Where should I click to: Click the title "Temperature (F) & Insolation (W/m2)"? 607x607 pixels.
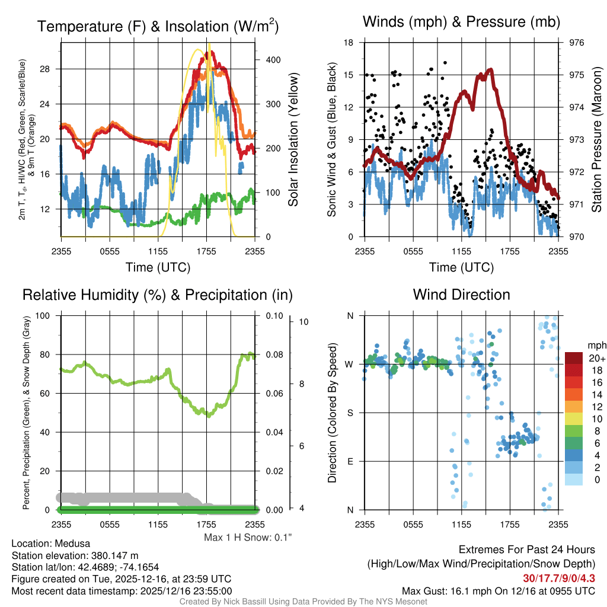[x=158, y=26]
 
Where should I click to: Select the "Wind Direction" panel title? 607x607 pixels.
[x=461, y=295]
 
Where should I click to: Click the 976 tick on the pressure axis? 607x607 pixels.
[x=576, y=43]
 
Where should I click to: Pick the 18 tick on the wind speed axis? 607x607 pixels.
[x=349, y=43]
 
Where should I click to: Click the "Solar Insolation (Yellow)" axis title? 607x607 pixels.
[x=293, y=140]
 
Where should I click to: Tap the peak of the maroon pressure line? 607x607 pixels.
[x=490, y=70]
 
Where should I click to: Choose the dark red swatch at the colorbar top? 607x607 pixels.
[x=574, y=358]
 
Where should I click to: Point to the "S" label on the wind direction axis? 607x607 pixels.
[x=350, y=413]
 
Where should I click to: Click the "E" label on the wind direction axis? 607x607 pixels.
[x=350, y=461]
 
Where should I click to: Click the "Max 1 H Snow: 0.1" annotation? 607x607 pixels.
[x=248, y=538]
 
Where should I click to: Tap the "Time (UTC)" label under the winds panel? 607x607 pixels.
[x=461, y=267]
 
